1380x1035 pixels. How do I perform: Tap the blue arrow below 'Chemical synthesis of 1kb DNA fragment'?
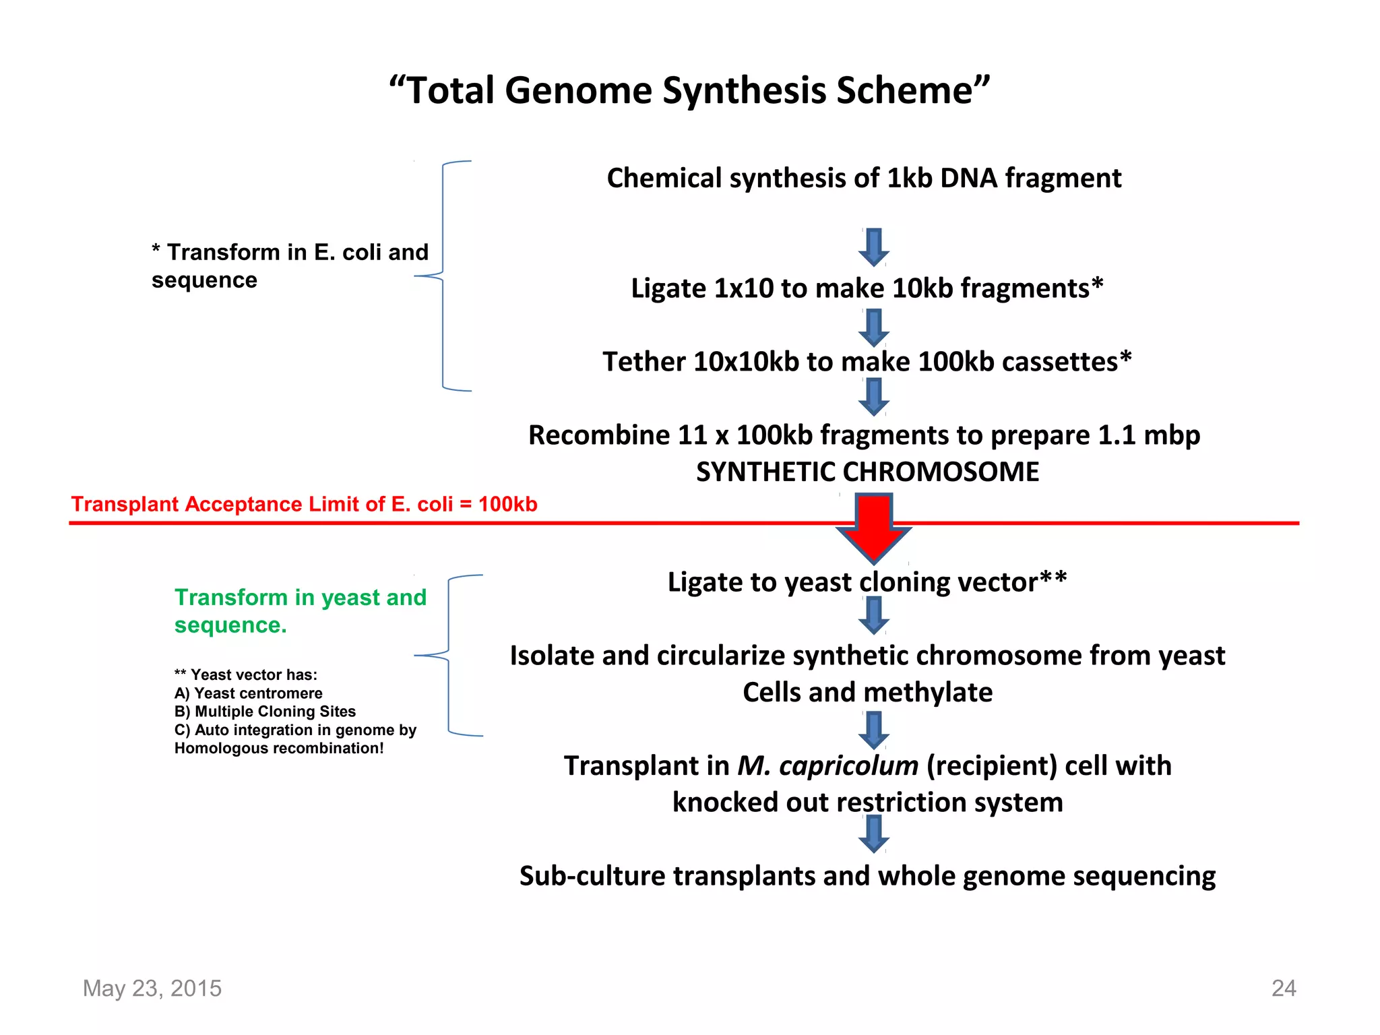873,247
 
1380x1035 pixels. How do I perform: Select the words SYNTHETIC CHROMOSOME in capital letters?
867,472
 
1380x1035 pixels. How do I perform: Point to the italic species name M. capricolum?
827,766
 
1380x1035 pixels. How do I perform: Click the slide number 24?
1283,988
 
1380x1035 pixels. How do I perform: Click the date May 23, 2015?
152,988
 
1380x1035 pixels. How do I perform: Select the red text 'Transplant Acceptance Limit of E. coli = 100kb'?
305,504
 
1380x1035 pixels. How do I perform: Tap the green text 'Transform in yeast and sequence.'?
300,610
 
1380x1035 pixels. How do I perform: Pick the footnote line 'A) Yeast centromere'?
248,693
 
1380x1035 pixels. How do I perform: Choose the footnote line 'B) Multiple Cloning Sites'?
265,712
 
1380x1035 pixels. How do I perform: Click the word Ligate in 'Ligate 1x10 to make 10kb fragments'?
668,288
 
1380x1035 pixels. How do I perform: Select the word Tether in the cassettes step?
643,362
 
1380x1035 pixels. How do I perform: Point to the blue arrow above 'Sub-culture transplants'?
873,834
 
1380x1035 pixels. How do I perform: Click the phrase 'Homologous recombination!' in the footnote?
279,749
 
